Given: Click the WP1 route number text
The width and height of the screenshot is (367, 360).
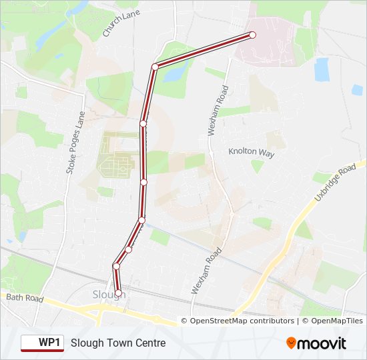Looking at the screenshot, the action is tap(49, 343).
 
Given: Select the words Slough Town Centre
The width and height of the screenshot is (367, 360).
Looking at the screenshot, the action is tap(118, 343).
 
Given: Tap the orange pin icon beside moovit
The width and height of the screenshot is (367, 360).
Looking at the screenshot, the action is tap(292, 343).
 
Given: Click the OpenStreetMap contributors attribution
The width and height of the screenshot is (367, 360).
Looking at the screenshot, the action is tap(242, 321).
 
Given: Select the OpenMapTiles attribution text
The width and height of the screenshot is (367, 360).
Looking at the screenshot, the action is tap(332, 321).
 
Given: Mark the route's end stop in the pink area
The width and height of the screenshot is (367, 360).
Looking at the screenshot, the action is tap(252, 35).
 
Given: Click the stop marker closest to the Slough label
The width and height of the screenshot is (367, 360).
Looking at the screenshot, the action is tap(119, 293).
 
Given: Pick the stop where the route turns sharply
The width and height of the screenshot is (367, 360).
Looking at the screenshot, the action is tap(155, 67).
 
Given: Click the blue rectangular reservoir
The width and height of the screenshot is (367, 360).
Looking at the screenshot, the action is tap(322, 68).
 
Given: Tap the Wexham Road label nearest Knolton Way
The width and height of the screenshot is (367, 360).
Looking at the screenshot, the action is tap(218, 111).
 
